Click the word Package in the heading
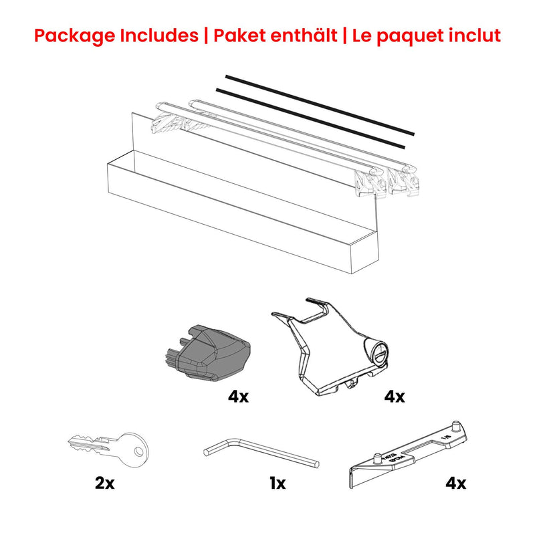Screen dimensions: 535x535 [74, 35]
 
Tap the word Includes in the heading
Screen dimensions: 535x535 [160, 35]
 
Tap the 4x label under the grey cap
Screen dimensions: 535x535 [237, 397]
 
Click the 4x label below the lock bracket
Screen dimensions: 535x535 [395, 397]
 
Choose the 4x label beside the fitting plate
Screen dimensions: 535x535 [456, 482]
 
